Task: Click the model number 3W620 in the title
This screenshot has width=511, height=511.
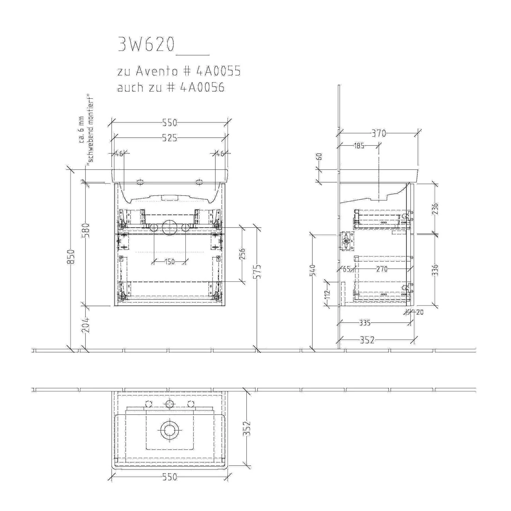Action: [x=146, y=45]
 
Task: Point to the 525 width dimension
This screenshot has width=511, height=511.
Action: [x=169, y=138]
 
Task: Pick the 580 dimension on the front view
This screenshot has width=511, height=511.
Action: [x=87, y=231]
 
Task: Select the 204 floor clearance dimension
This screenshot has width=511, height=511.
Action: [x=87, y=325]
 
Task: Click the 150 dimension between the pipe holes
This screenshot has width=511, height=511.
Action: [x=169, y=262]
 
